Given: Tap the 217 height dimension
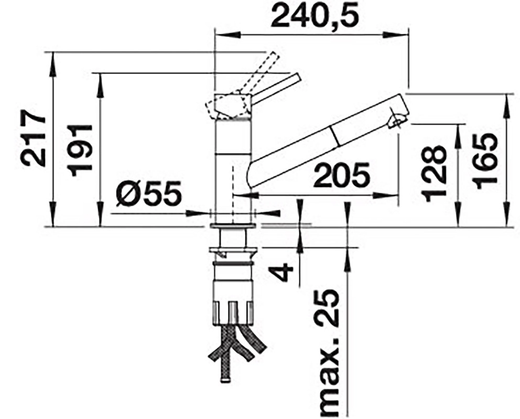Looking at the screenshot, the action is coord(33,139).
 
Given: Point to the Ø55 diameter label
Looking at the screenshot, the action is coord(149,193).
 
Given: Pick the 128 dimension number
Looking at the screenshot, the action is coord(435,173).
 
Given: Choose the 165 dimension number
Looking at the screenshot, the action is coord(485,161).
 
